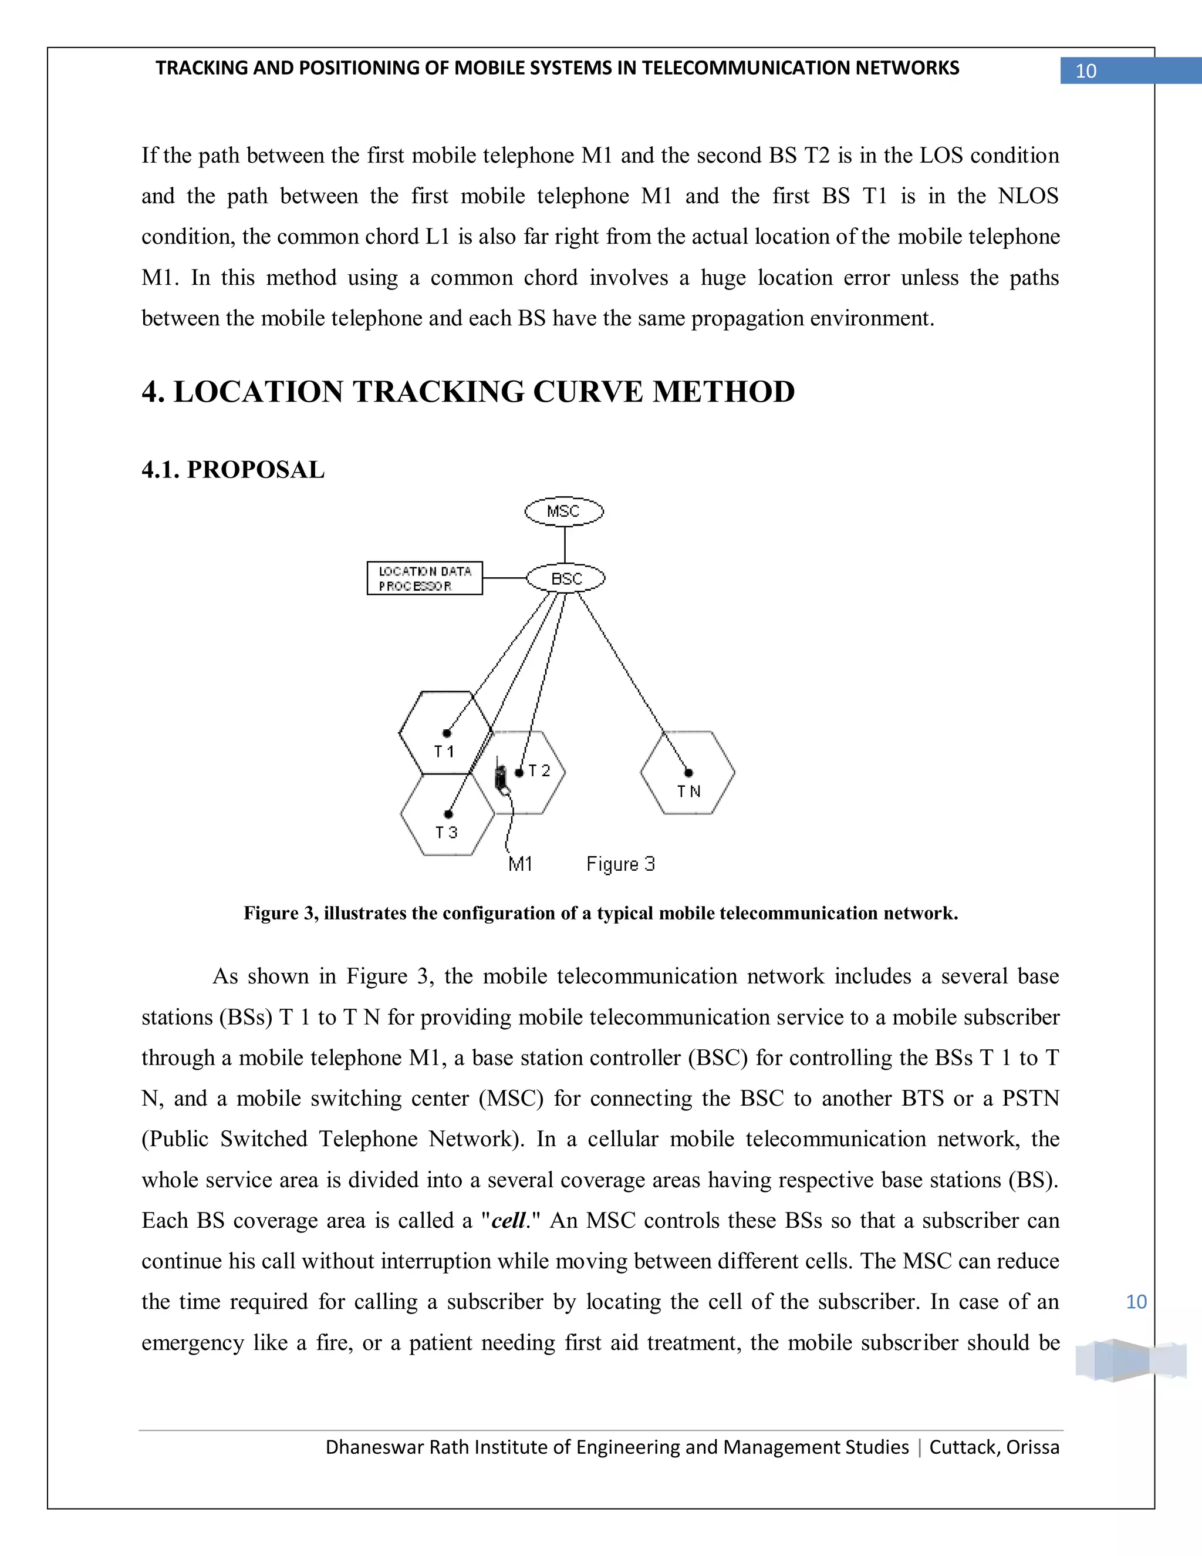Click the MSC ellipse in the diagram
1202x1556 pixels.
(x=564, y=511)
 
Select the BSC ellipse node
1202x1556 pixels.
(x=566, y=578)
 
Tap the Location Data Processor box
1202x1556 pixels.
(x=424, y=578)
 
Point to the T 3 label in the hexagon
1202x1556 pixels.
(x=447, y=832)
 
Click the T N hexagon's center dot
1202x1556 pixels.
(x=688, y=772)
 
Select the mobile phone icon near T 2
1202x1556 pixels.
(x=501, y=779)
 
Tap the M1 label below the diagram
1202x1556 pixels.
(x=521, y=864)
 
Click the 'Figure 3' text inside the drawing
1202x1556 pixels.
(x=620, y=864)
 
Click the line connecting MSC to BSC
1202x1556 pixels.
(x=565, y=544)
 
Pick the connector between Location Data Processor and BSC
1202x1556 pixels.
(x=504, y=578)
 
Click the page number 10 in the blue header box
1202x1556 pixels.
(x=1086, y=71)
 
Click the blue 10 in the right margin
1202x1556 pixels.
(x=1136, y=1302)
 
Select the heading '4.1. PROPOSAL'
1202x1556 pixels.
(x=233, y=470)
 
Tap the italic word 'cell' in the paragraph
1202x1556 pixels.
(x=508, y=1221)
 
